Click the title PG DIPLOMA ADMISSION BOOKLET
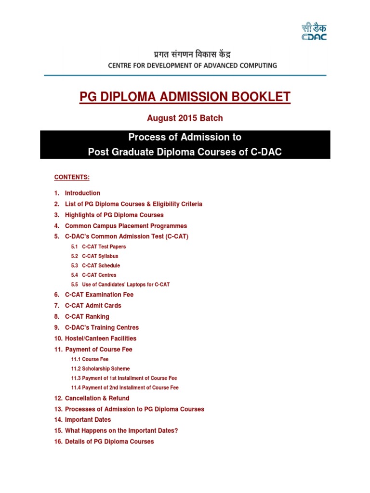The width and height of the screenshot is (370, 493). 185,97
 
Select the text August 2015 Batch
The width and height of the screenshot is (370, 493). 185,118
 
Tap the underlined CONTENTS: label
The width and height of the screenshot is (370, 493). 72,177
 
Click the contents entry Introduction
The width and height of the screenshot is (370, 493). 82,193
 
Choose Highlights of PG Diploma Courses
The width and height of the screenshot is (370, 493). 114,215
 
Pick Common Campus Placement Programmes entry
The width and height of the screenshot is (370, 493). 126,226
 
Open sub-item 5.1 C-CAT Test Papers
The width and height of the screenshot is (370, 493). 104,247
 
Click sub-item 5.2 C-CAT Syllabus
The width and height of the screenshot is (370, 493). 100,256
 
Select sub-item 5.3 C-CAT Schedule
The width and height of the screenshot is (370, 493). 101,266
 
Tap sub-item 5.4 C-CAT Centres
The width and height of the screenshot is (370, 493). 99,275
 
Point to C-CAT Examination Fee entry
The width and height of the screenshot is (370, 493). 99,295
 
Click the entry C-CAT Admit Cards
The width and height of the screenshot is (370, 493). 93,306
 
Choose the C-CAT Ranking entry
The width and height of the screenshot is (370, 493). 87,317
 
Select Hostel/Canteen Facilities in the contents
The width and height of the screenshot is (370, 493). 100,338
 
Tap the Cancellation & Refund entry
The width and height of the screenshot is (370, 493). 97,399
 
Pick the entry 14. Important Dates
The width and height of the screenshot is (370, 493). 88,420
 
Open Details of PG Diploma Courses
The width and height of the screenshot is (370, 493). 109,441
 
